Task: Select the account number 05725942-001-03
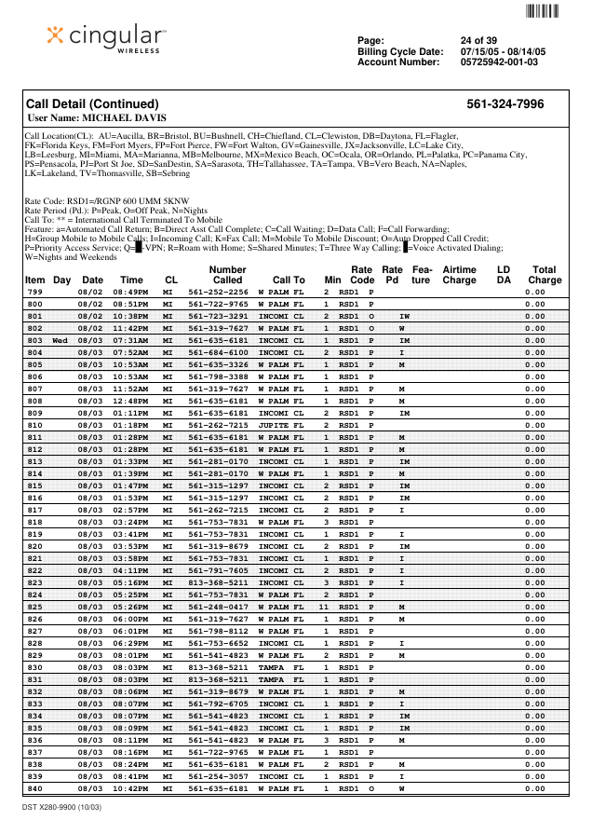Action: pos(499,62)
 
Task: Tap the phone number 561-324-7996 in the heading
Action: pos(505,104)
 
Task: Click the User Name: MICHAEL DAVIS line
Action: pos(98,118)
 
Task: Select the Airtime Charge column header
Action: pos(459,274)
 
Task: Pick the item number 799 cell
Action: pos(34,292)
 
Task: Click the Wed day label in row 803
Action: pos(60,340)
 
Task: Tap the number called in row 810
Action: pos(218,425)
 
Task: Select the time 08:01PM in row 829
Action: pos(130,655)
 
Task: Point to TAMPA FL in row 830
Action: pos(281,667)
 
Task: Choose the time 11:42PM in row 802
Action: pos(130,328)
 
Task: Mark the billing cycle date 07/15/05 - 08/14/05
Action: pos(503,51)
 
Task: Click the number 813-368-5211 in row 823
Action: pos(218,582)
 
